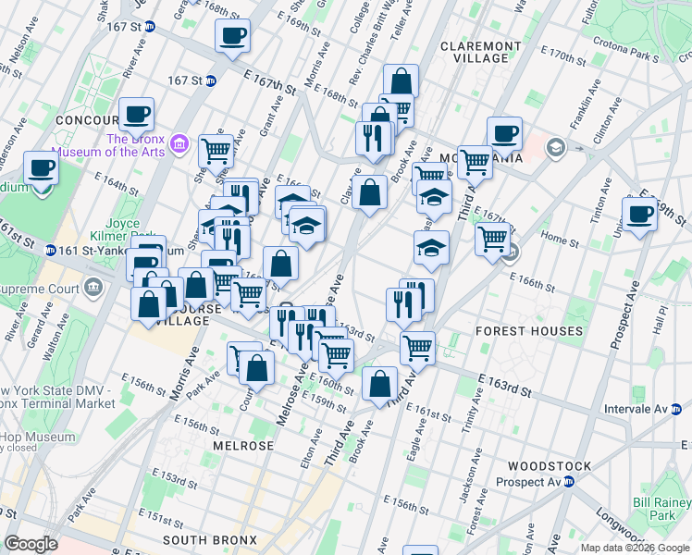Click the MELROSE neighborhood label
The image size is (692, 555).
tap(242, 446)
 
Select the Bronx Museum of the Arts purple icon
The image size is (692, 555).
tap(180, 144)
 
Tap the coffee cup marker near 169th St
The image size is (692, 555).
tap(231, 36)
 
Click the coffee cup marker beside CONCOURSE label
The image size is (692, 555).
tap(137, 115)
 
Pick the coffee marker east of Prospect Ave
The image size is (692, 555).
tap(638, 215)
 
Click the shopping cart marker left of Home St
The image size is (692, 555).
tap(492, 239)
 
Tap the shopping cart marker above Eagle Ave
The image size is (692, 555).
tap(418, 348)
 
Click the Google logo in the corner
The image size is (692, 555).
tap(31, 545)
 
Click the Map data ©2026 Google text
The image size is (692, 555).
tap(634, 548)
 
